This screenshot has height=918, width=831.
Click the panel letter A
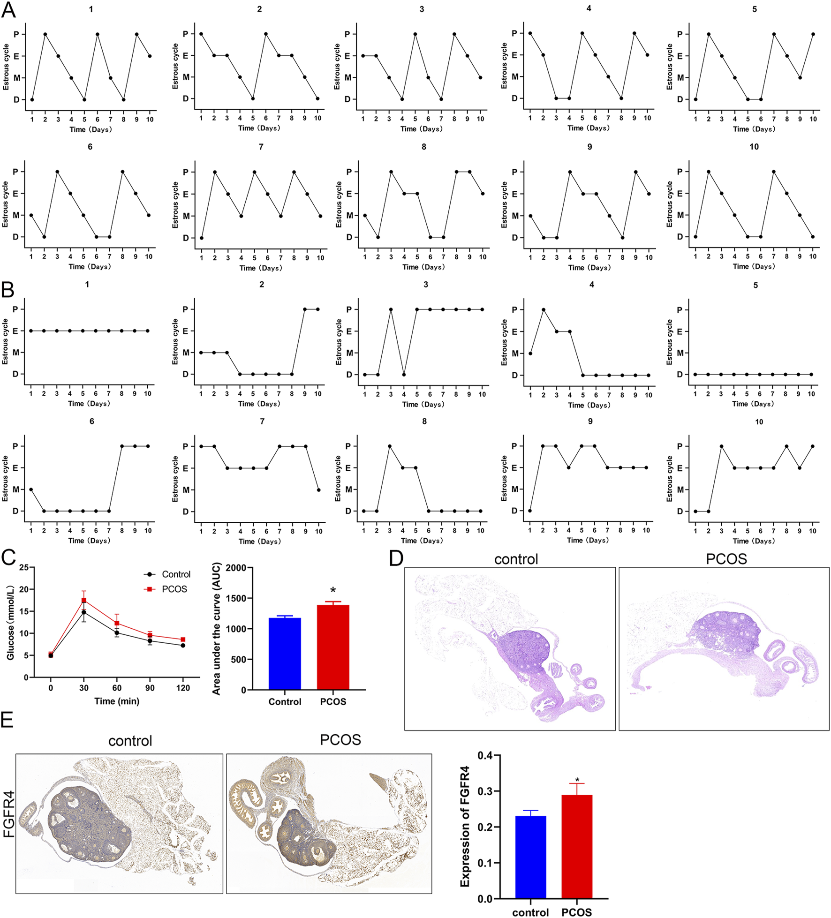8,9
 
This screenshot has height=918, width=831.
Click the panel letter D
396,558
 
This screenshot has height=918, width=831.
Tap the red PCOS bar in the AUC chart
333,647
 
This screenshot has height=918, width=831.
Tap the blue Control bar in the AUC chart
285,654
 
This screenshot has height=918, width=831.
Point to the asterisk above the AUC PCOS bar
333,591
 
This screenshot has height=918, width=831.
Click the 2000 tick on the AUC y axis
236,568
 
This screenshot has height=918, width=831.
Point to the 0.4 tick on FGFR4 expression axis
485,755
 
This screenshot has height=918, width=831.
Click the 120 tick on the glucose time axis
183,688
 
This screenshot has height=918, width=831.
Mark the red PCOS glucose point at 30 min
84,600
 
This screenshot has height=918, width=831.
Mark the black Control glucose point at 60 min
117,632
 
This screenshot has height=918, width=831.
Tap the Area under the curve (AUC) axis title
216,629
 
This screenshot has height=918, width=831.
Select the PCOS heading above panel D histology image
726,559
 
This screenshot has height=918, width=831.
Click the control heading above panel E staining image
130,740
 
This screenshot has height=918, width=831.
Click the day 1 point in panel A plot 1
32,99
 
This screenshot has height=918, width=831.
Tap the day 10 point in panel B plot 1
148,331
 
